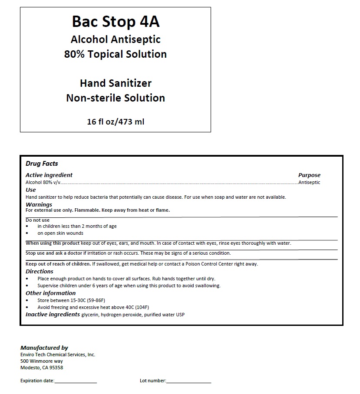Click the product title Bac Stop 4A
point(116,22)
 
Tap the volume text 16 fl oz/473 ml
point(116,122)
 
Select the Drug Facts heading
point(42,164)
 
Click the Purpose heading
point(309,175)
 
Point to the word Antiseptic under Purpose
point(309,182)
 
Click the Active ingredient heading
point(49,175)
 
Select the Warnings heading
point(39,204)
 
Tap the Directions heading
point(40,272)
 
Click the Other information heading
point(50,293)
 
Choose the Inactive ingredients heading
point(53,314)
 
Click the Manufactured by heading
point(44,348)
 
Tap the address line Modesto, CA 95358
point(42,368)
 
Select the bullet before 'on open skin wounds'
point(27,233)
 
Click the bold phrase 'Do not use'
point(37,220)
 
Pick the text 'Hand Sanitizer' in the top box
point(116,83)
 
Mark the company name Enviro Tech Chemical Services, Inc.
point(58,355)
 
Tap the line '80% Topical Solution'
point(116,54)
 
